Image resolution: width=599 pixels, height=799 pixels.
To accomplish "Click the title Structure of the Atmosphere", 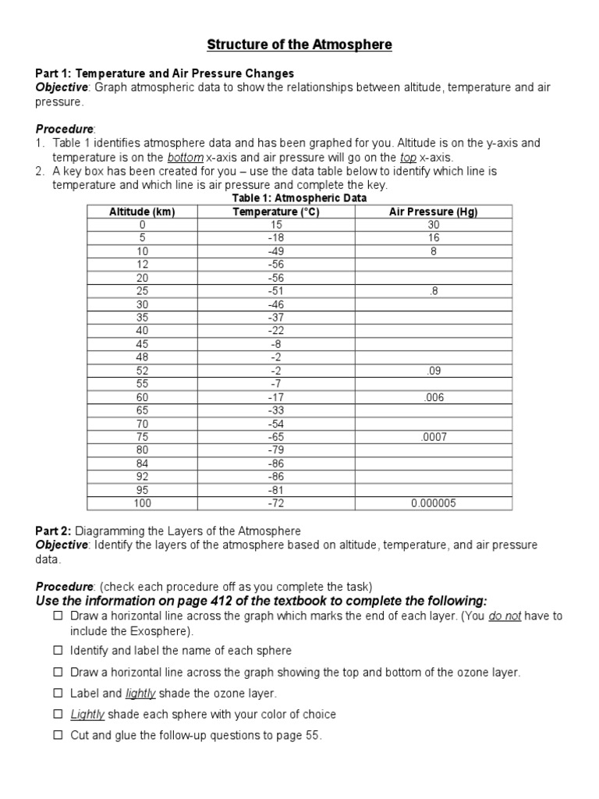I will click(x=299, y=45).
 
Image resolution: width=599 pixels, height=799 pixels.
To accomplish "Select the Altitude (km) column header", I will click(x=142, y=211).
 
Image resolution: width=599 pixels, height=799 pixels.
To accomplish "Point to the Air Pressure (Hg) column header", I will click(x=433, y=211).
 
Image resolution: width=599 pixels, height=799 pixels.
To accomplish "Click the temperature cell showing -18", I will click(x=276, y=238).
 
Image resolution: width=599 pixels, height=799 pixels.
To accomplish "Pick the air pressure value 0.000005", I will click(x=433, y=503).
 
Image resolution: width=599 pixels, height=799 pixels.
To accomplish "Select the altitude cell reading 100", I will click(x=142, y=503).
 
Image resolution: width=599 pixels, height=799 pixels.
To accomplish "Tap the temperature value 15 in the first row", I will click(x=276, y=225).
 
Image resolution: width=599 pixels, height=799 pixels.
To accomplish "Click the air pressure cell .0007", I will click(x=433, y=437).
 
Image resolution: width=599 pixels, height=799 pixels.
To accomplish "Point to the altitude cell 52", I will click(x=142, y=371).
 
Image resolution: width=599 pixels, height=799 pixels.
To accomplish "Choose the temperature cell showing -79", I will click(x=276, y=450).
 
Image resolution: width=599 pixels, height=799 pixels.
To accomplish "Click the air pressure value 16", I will click(x=433, y=238).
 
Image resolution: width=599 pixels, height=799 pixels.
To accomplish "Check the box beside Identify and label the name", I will click(x=58, y=650).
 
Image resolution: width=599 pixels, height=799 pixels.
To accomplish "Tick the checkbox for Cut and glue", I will click(x=58, y=735).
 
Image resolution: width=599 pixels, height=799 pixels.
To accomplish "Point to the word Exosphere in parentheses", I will click(x=162, y=630).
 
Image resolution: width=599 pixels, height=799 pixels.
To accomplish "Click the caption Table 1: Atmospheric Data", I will click(x=299, y=198).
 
